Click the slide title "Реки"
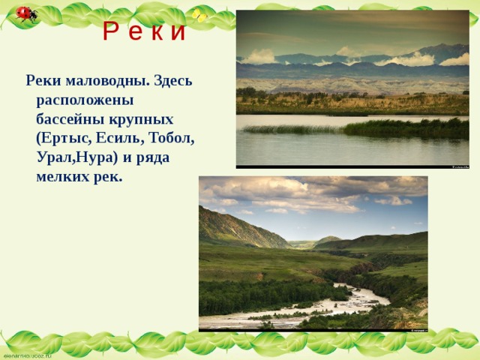click(x=144, y=31)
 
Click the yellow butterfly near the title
click(x=199, y=16)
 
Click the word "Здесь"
click(x=174, y=80)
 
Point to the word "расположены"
click(x=85, y=100)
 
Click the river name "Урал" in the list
click(x=57, y=158)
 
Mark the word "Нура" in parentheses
click(x=99, y=158)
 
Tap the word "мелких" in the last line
click(x=62, y=178)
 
